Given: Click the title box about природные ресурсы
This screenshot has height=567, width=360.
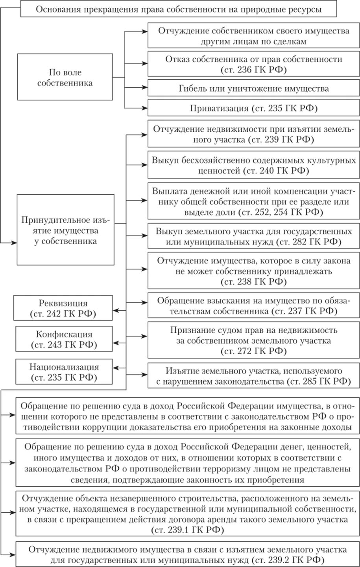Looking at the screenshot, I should click(179, 9).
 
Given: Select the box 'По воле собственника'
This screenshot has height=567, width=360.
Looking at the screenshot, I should click(65, 77).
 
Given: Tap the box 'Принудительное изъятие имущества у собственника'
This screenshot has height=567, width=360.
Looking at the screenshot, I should click(65, 230).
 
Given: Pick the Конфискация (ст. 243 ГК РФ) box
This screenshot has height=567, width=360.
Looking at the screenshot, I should click(64, 339).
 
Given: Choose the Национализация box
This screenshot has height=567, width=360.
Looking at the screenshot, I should click(64, 372).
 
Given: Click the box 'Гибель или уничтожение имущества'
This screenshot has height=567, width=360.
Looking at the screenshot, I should click(253, 88).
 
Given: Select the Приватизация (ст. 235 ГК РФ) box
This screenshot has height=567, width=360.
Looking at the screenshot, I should click(253, 108).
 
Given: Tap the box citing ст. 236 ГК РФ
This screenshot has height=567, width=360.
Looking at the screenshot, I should click(253, 64).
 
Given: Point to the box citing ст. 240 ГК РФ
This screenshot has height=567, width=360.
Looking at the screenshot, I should click(253, 166).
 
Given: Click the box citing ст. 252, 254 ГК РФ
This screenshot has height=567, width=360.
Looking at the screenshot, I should click(253, 201).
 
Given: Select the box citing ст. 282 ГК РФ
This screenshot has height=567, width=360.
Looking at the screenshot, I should click(253, 236).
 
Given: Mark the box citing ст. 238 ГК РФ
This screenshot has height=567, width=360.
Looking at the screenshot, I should click(253, 271).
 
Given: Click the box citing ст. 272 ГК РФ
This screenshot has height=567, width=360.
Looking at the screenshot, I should click(253, 340).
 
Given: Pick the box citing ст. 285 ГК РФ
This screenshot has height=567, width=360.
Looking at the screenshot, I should click(253, 376).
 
